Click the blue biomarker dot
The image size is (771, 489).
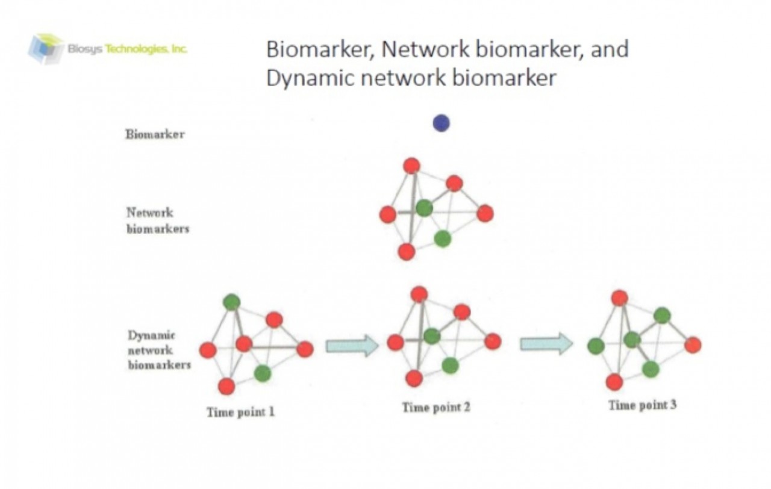441,123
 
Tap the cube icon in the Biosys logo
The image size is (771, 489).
46,48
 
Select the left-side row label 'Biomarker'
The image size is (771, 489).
155,134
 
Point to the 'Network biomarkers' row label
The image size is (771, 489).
157,220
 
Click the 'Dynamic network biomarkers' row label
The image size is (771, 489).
158,350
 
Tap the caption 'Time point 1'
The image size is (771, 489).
241,413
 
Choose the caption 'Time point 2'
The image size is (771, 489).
436,408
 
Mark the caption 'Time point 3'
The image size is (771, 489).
642,405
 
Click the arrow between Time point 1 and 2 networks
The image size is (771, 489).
352,346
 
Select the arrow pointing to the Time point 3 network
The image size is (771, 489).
546,344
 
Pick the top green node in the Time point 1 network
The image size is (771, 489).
231,302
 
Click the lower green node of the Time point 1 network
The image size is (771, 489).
262,373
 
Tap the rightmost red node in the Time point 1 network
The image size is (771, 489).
305,349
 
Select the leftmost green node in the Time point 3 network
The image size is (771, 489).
596,346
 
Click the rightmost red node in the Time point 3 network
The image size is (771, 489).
693,345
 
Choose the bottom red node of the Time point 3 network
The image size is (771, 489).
614,382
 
